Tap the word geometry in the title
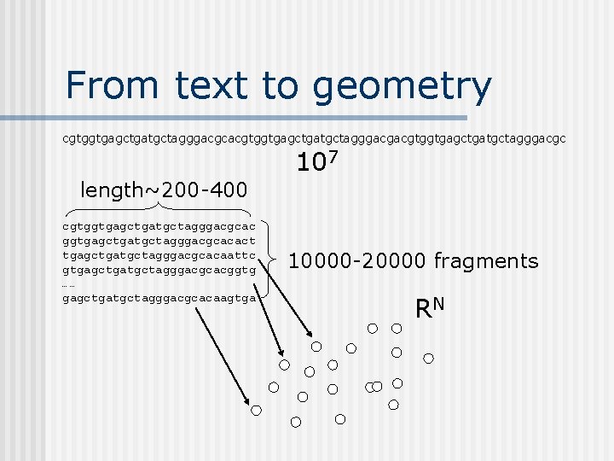point(402,87)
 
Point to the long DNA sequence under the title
point(314,137)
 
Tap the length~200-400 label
point(163,190)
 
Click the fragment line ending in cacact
point(159,242)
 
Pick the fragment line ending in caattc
point(159,255)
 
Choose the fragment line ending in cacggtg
point(159,270)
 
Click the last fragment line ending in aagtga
point(159,297)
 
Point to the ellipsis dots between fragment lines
point(68,284)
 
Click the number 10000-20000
point(357,261)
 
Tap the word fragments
point(486,261)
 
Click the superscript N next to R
point(441,303)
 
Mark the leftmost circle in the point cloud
point(257,411)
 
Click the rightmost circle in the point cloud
point(429,359)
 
